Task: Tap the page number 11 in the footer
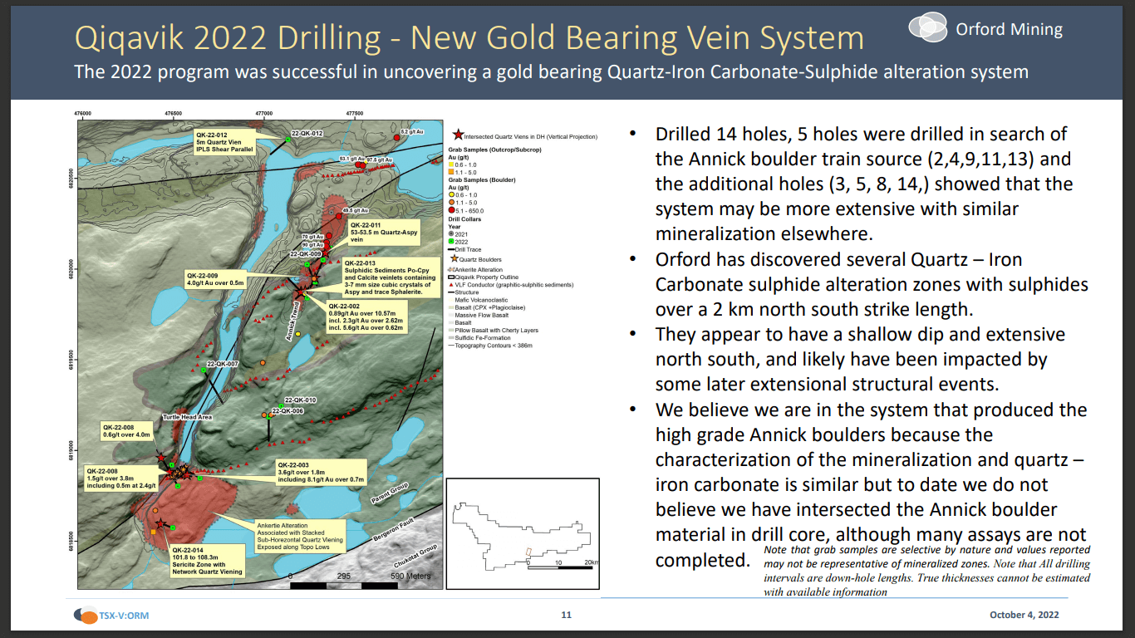click(567, 616)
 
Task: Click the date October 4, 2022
click(1024, 616)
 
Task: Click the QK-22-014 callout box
click(208, 561)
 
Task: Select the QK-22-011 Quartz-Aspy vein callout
click(383, 231)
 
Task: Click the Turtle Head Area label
click(187, 417)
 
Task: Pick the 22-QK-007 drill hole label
click(223, 364)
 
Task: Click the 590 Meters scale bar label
click(410, 576)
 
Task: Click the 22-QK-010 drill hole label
click(300, 400)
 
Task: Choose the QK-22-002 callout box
click(366, 316)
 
